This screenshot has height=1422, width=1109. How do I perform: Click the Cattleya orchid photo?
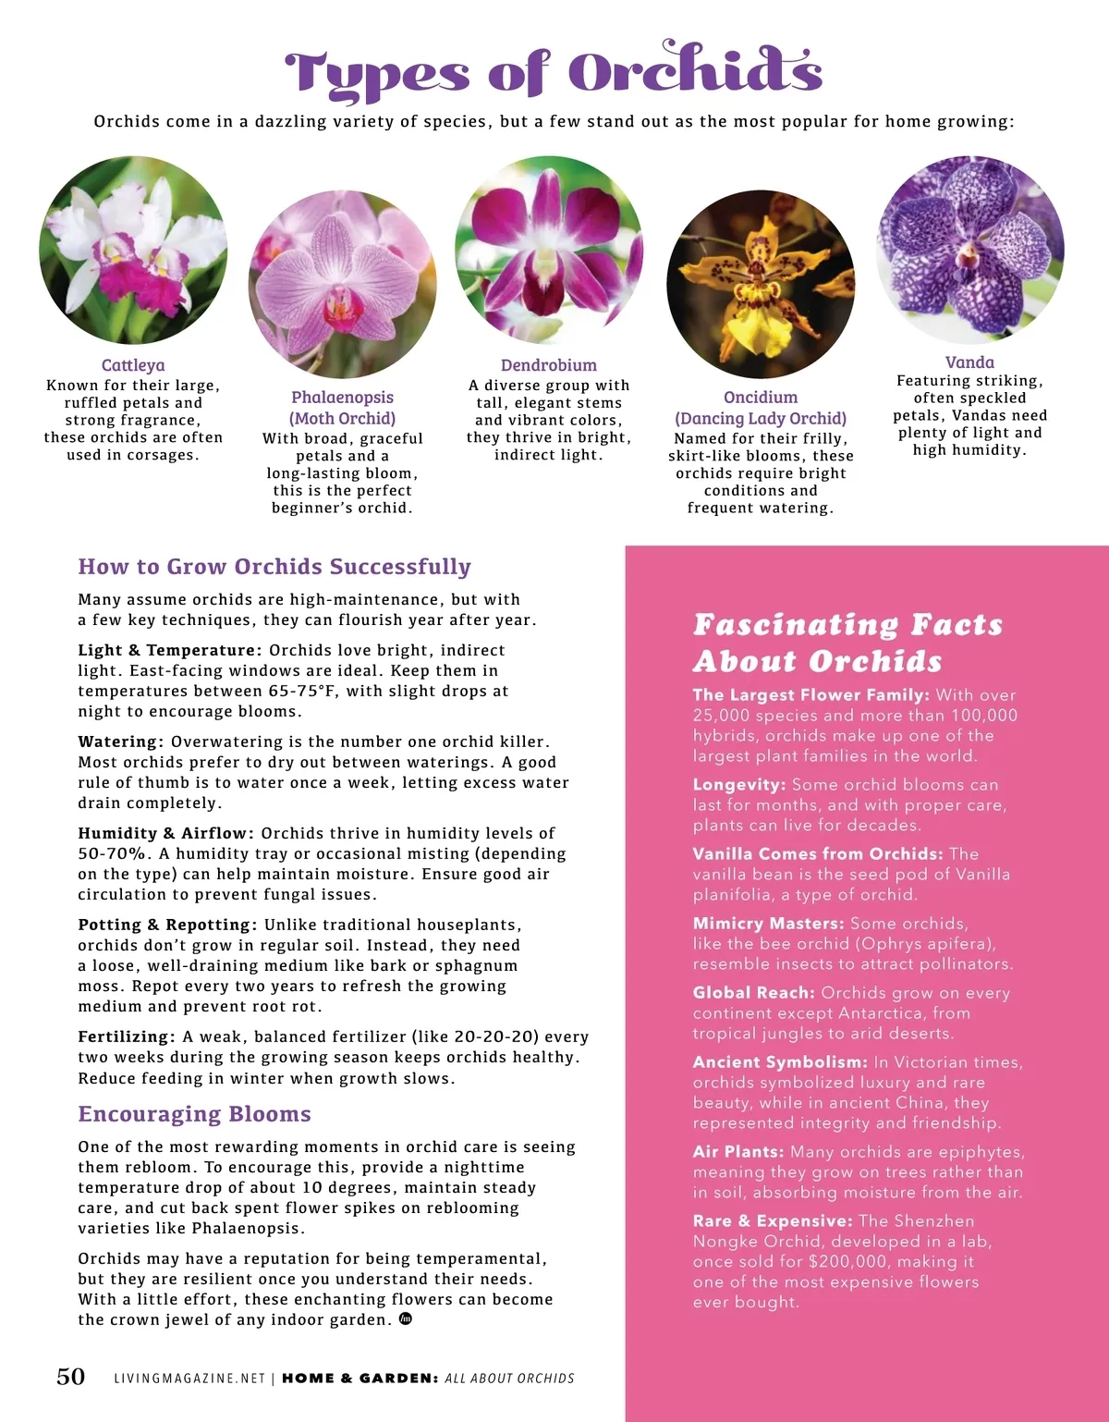pyautogui.click(x=133, y=251)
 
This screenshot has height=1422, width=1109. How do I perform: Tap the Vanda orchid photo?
pyautogui.click(x=970, y=250)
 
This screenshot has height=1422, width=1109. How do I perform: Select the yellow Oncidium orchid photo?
pyautogui.click(x=761, y=285)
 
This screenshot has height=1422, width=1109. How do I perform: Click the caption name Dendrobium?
pyautogui.click(x=549, y=365)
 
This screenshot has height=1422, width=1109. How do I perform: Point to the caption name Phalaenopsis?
pyautogui.click(x=342, y=398)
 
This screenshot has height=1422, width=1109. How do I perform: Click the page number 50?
pyautogui.click(x=71, y=1377)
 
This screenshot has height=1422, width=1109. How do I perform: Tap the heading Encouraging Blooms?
pyautogui.click(x=194, y=1114)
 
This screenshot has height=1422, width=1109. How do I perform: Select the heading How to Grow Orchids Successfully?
pyautogui.click(x=274, y=567)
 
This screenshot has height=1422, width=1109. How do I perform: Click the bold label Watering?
pyautogui.click(x=121, y=742)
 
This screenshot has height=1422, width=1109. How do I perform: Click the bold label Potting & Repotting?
pyautogui.click(x=167, y=925)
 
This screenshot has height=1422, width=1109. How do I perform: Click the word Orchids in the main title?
pyautogui.click(x=694, y=71)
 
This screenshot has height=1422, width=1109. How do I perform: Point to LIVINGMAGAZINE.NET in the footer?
pyautogui.click(x=189, y=1379)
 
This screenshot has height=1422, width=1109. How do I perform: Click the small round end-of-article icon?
pyautogui.click(x=405, y=1319)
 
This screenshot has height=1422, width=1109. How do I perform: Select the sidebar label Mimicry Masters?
pyautogui.click(x=768, y=923)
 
